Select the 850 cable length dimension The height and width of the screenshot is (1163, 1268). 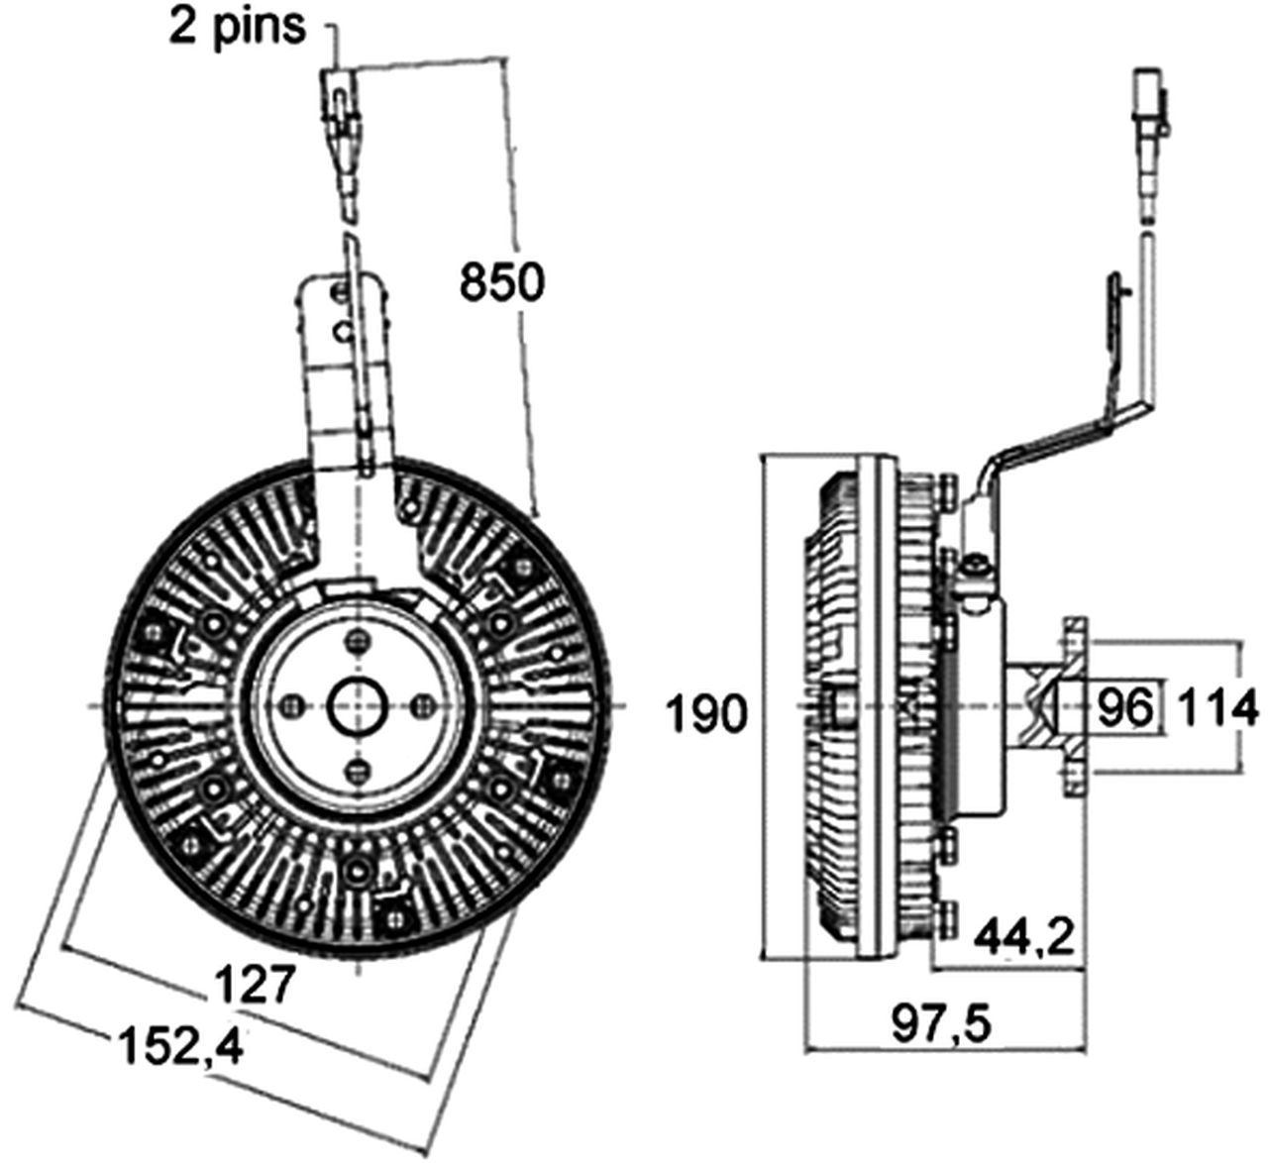[x=501, y=282]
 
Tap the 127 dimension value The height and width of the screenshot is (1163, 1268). [x=256, y=985]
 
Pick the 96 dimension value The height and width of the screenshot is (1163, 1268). [x=1126, y=707]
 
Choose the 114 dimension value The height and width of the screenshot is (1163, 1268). [x=1217, y=707]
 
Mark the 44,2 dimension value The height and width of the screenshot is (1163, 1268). [x=1023, y=935]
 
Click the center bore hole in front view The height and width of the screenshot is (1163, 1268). [x=357, y=705]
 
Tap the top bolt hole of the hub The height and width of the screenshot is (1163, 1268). [x=358, y=643]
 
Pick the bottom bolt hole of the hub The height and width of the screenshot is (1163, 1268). [x=358, y=769]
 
